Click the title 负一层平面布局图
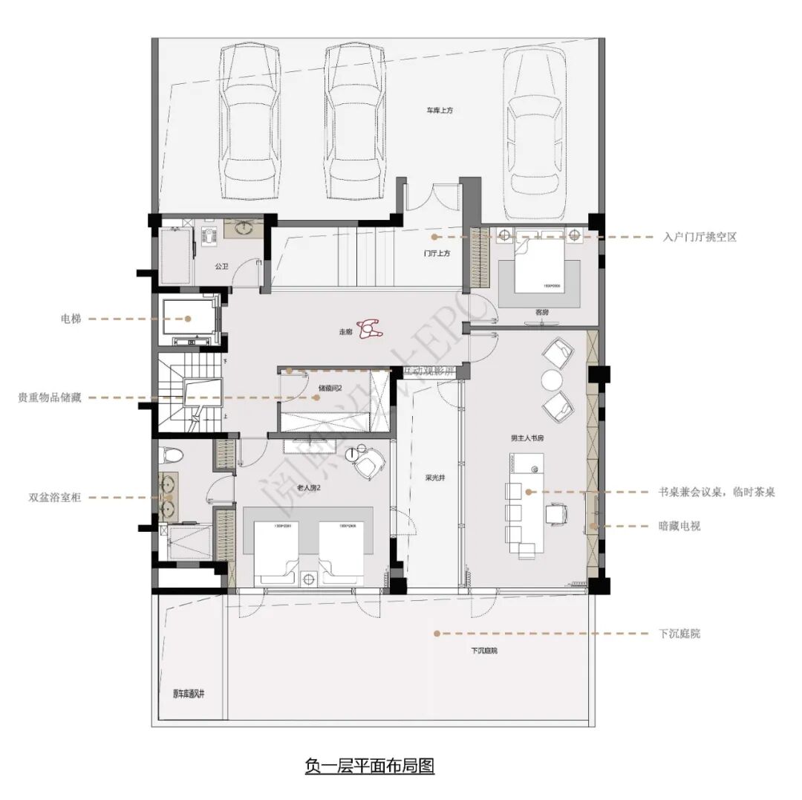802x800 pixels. [369, 765]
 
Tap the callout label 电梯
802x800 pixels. [71, 319]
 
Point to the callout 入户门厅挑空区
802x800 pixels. [700, 237]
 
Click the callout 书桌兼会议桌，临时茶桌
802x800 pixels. [716, 492]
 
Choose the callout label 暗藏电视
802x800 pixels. [679, 526]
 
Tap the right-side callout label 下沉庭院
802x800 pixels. [679, 634]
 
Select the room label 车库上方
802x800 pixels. [439, 110]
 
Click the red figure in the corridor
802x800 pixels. [369, 328]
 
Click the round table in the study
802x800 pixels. [552, 380]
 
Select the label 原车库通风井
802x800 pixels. [189, 694]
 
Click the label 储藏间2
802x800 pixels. [330, 388]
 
